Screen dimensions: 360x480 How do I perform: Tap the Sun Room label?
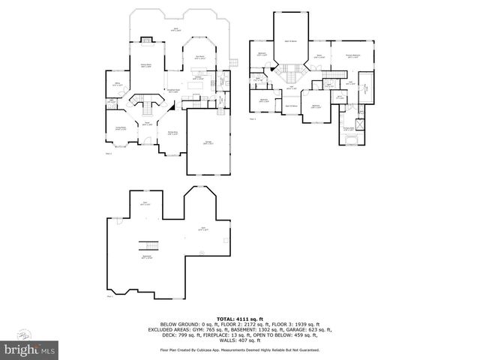(200, 57)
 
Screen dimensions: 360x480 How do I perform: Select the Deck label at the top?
(175, 29)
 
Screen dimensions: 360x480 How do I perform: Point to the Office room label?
(117, 85)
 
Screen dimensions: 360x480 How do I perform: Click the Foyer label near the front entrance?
(148, 122)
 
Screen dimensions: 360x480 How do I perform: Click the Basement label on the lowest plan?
(147, 256)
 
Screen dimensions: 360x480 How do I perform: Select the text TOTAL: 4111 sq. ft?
(239, 319)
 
